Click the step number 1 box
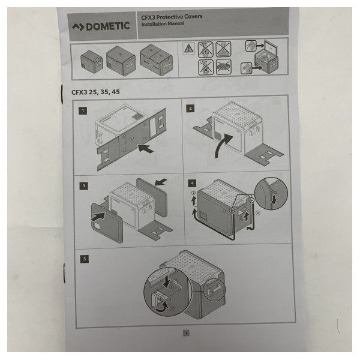click(x=82, y=110)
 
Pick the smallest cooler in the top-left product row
click(x=92, y=59)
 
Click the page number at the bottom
click(x=187, y=331)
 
